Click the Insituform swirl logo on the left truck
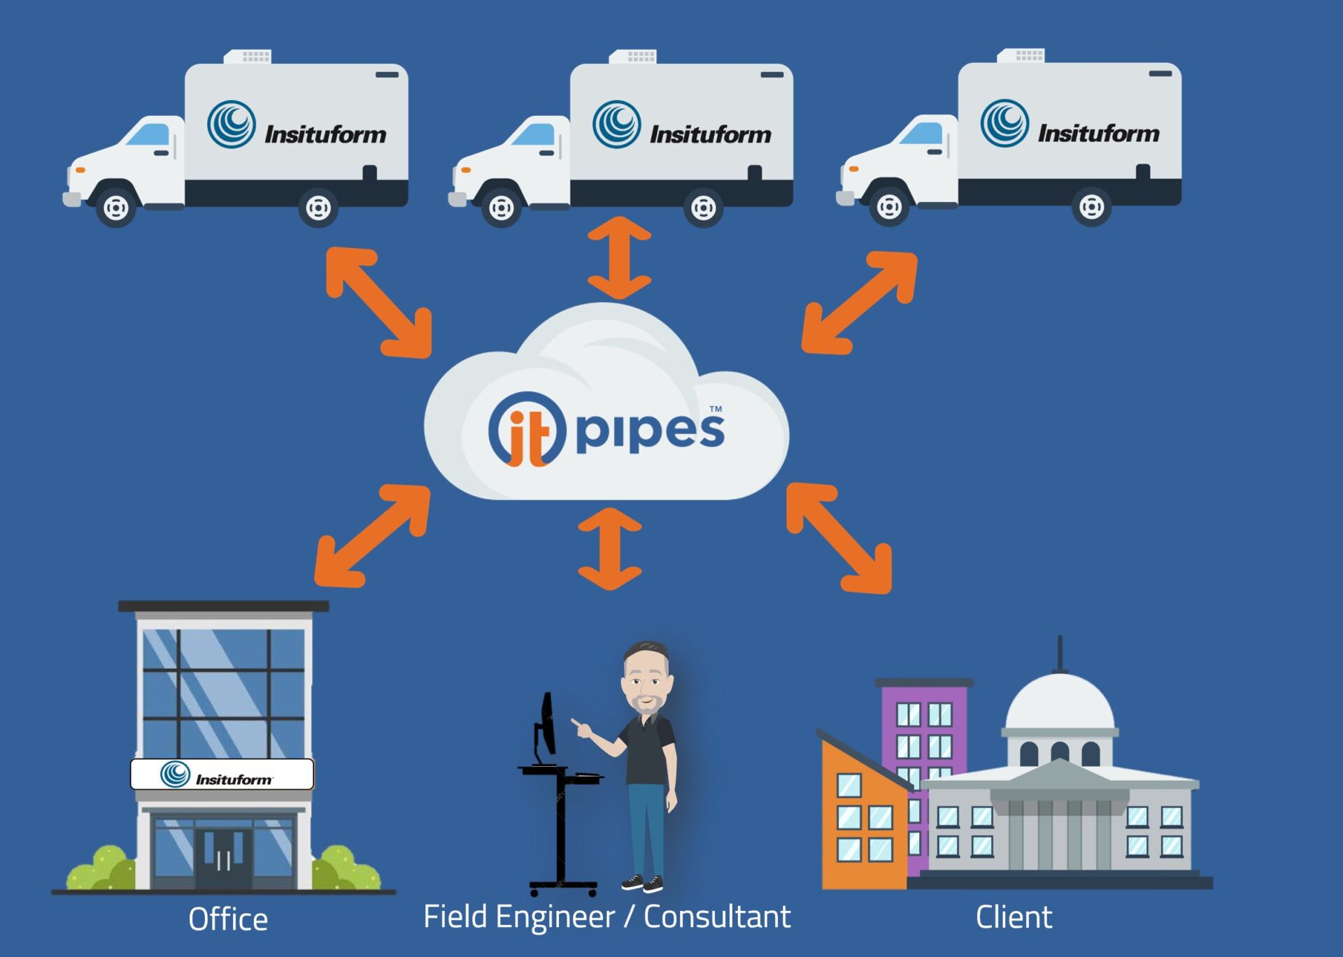coord(232,124)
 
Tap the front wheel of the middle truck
coord(501,208)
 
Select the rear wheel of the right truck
coord(1091,206)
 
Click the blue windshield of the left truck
coord(150,134)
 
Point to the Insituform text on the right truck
coord(1098,133)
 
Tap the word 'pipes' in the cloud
coord(650,431)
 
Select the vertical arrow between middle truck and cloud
coord(619,257)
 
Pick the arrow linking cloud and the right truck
coord(860,303)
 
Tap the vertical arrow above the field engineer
coord(610,549)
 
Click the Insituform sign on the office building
coord(222,775)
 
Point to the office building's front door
coord(223,858)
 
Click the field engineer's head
coord(647,675)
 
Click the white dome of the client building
coord(1060,703)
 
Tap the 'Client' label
coord(1014,917)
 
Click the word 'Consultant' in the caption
coord(717,917)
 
